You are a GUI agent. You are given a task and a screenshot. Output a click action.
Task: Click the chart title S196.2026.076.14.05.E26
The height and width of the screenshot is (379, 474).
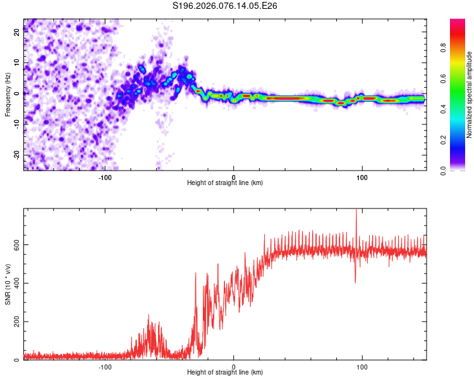tap(226, 6)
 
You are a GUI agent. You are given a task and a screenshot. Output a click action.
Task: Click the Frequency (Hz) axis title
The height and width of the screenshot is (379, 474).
tap(8, 94)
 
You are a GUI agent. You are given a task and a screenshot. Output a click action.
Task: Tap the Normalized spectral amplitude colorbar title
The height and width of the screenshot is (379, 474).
tap(469, 95)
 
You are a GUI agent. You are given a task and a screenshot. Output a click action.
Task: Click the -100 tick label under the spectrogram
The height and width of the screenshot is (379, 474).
tap(105, 177)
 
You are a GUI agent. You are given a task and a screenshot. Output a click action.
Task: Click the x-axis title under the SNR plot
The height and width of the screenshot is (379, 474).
tap(225, 373)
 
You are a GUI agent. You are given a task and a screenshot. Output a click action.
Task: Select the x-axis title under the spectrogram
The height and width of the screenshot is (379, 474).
tap(225, 183)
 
